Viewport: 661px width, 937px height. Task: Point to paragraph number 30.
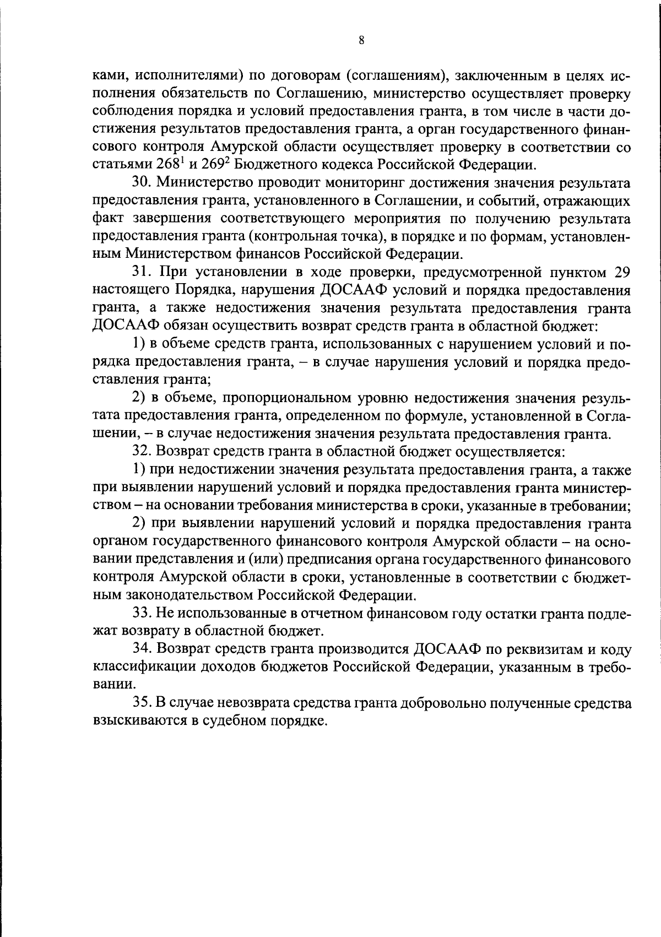pos(140,183)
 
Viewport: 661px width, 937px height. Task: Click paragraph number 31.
pos(140,272)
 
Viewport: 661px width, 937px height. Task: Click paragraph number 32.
pos(140,451)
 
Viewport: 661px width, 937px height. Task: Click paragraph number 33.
pos(140,613)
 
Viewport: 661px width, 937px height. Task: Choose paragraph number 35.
pos(140,703)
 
